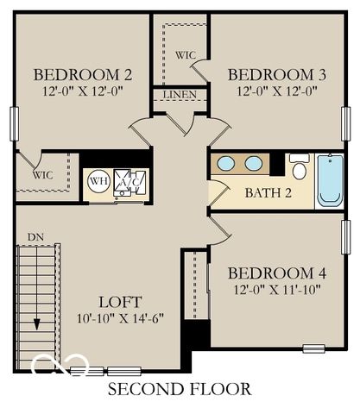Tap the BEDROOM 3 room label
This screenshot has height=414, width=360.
(276, 73)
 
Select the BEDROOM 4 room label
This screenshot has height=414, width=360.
(276, 274)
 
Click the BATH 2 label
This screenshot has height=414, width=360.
(268, 191)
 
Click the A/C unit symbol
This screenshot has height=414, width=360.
(130, 182)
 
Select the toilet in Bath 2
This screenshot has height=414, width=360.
(299, 166)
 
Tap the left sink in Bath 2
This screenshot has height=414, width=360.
(226, 163)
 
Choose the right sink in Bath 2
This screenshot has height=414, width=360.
(253, 163)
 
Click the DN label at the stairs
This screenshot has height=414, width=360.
(35, 236)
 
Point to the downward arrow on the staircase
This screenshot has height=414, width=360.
(38, 321)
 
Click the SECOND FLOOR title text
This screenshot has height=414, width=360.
(179, 390)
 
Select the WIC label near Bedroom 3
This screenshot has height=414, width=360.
(186, 55)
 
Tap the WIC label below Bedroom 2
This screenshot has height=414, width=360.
(43, 174)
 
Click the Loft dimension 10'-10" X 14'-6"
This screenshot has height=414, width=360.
(119, 317)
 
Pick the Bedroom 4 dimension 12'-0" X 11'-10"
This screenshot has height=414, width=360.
(276, 290)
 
